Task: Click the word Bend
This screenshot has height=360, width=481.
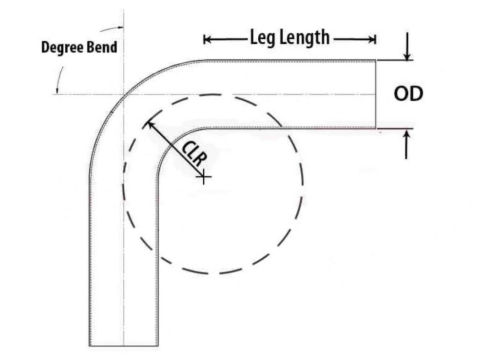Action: pyautogui.click(x=102, y=47)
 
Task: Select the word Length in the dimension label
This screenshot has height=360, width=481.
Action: pyautogui.click(x=305, y=38)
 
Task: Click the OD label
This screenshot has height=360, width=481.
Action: pyautogui.click(x=408, y=94)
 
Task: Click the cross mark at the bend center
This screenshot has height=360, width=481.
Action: pyautogui.click(x=203, y=176)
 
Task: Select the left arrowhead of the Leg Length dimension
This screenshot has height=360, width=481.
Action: pyautogui.click(x=206, y=39)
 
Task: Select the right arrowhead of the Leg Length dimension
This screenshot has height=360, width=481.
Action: pyautogui.click(x=373, y=39)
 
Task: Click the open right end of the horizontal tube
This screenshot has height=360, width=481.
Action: pyautogui.click(x=376, y=94)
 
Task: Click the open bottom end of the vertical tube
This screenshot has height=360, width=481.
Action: pyautogui.click(x=124, y=345)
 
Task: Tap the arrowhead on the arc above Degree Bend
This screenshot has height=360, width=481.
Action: pyautogui.click(x=120, y=27)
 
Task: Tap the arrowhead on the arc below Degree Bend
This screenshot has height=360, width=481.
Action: pyautogui.click(x=57, y=90)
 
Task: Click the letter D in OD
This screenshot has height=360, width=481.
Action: pyautogui.click(x=416, y=94)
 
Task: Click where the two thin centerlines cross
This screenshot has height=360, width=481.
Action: pyautogui.click(x=124, y=94)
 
